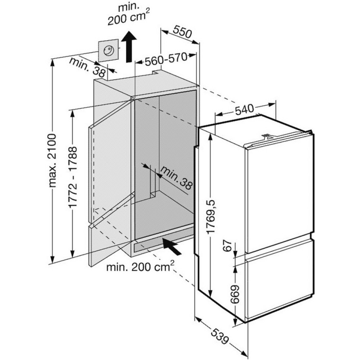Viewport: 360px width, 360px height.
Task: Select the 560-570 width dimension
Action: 167,60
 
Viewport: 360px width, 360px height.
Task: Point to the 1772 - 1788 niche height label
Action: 73,177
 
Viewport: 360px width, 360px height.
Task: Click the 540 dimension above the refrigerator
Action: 245,109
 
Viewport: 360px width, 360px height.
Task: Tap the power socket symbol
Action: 108,51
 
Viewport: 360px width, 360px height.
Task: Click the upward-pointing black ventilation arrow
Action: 129,46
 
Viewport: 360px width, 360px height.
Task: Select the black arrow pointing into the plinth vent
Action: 172,246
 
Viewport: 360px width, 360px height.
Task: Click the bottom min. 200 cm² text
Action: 140,267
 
